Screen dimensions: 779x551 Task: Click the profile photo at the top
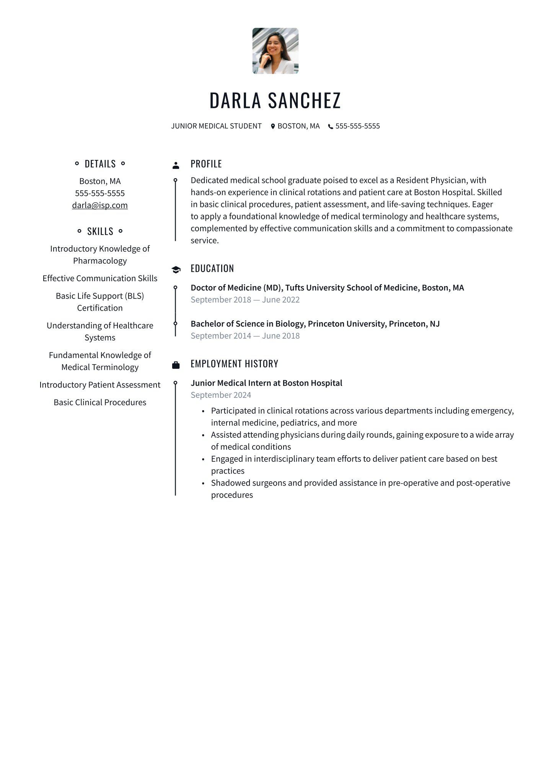(275, 51)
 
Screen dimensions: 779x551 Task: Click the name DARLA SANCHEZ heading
(275, 100)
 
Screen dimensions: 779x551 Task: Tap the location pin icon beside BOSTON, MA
(273, 126)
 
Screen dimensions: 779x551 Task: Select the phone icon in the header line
(331, 126)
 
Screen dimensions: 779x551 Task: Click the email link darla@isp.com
(100, 205)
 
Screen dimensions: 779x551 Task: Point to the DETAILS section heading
(100, 164)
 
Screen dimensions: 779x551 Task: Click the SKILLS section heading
(100, 231)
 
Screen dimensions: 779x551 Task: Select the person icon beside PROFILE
(176, 165)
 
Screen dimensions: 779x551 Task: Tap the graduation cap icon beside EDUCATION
(176, 270)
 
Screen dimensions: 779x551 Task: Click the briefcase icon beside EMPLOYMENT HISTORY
(176, 365)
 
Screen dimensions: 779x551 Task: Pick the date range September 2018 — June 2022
(245, 300)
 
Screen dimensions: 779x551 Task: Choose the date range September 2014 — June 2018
(245, 336)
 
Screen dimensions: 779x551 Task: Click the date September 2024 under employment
(221, 395)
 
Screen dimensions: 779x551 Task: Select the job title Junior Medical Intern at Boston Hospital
(266, 383)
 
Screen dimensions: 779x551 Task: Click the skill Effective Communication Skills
(100, 278)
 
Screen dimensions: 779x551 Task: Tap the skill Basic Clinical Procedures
(100, 402)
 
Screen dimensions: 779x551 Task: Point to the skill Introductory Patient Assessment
(100, 385)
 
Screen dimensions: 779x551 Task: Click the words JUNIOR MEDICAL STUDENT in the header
(216, 126)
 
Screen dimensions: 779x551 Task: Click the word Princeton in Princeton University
(326, 324)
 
